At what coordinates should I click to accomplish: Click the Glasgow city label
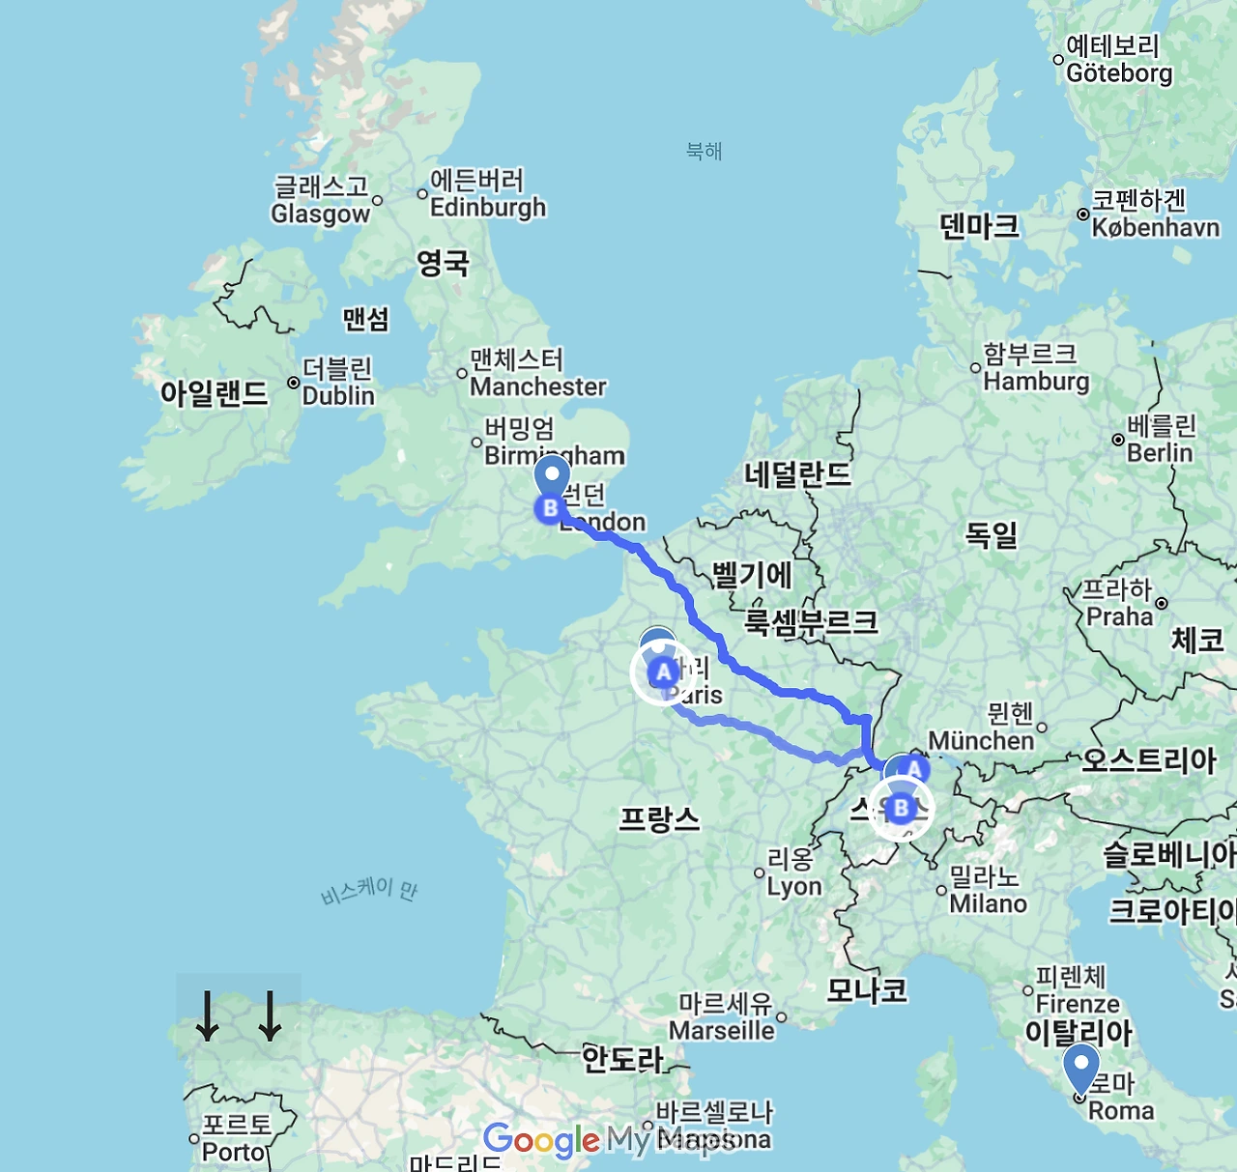pyautogui.click(x=320, y=214)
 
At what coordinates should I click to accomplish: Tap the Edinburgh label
pyautogui.click(x=487, y=208)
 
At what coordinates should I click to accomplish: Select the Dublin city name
pyautogui.click(x=338, y=395)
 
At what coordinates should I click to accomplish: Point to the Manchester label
pyautogui.click(x=537, y=386)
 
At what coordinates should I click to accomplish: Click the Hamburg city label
pyautogui.click(x=1036, y=381)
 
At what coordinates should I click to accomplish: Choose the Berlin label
pyautogui.click(x=1160, y=452)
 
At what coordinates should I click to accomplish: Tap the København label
pyautogui.click(x=1155, y=227)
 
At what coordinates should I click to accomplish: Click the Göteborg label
pyautogui.click(x=1119, y=72)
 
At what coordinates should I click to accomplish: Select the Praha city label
pyautogui.click(x=1119, y=616)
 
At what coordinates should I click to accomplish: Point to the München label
pyautogui.click(x=981, y=740)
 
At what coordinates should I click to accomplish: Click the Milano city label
pyautogui.click(x=988, y=903)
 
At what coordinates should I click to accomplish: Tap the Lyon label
pyautogui.click(x=794, y=886)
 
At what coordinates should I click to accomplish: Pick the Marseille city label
pyautogui.click(x=722, y=1031)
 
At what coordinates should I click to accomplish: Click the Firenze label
pyautogui.click(x=1078, y=1004)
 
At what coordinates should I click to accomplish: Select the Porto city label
pyautogui.click(x=234, y=1152)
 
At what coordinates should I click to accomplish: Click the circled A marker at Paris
pyautogui.click(x=663, y=672)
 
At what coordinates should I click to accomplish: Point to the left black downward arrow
pyautogui.click(x=207, y=1016)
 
